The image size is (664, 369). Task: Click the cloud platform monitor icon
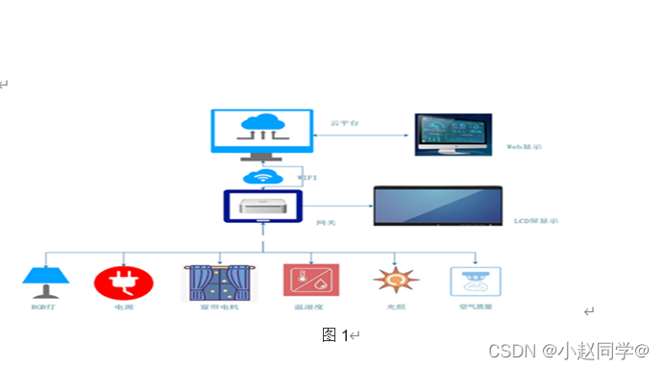pyautogui.click(x=261, y=134)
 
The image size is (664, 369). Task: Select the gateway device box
pyautogui.click(x=262, y=207)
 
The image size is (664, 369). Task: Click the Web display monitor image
pyautogui.click(x=454, y=135)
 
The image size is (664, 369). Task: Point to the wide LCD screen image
pyautogui.click(x=437, y=207)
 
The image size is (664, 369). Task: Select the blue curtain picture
pyautogui.click(x=220, y=283)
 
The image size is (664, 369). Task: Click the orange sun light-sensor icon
pyautogui.click(x=394, y=280)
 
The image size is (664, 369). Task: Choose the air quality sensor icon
pyautogui.click(x=476, y=282)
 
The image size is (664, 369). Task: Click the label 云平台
pyautogui.click(x=343, y=123)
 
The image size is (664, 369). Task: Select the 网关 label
pyautogui.click(x=326, y=222)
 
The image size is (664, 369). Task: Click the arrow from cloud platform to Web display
pyautogui.click(x=364, y=135)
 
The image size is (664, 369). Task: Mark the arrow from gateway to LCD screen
pyautogui.click(x=337, y=206)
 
